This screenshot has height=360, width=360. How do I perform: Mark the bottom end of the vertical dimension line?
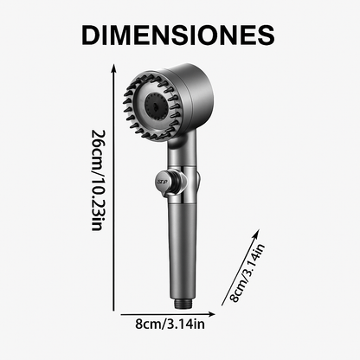click(x=111, y=309)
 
